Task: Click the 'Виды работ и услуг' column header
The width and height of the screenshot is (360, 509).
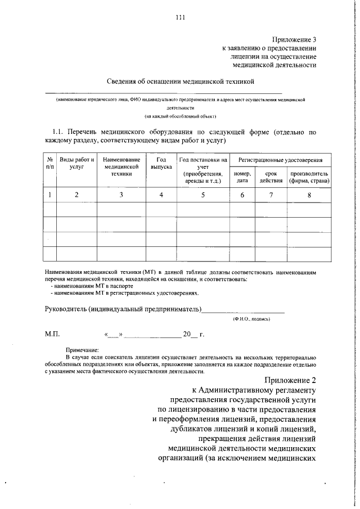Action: tap(76, 164)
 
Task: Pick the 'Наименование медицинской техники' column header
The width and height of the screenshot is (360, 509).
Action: tap(121, 167)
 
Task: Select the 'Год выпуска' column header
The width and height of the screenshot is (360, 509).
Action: tap(161, 164)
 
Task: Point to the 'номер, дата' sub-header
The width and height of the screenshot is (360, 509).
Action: tap(242, 178)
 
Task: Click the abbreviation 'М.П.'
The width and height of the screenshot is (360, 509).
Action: tap(52, 334)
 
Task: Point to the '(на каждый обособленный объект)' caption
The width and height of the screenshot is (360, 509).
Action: tap(180, 116)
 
